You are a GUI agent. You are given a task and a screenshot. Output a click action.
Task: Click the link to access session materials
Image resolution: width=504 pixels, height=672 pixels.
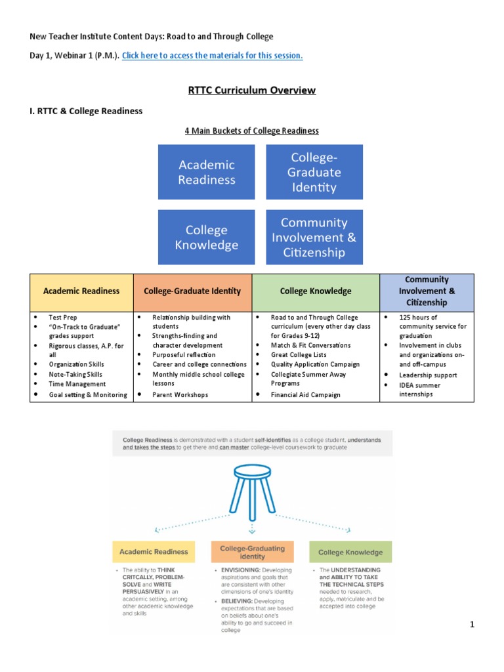[x=212, y=56]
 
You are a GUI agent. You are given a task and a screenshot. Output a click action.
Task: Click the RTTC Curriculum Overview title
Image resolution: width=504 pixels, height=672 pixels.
[x=251, y=90]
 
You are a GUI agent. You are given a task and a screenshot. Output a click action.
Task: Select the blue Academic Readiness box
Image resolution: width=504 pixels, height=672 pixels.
[x=206, y=172]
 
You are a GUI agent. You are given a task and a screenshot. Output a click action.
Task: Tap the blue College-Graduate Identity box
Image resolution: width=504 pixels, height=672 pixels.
[x=314, y=172]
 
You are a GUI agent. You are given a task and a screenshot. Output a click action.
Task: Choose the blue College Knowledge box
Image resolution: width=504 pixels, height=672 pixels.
[x=206, y=237]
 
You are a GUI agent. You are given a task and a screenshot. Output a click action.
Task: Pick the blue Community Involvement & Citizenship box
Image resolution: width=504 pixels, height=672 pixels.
[x=314, y=237]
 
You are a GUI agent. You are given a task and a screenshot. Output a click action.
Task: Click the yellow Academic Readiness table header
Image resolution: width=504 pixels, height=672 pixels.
[x=81, y=291]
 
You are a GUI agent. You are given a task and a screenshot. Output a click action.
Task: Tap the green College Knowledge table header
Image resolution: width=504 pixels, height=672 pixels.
[x=316, y=291]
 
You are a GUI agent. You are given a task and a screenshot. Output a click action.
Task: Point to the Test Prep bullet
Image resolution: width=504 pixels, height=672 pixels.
[x=63, y=318]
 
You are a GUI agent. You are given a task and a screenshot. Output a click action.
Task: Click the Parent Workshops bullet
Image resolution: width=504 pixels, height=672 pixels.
[x=180, y=395]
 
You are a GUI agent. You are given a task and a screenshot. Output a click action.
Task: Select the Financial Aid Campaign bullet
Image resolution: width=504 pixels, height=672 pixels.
[x=305, y=395]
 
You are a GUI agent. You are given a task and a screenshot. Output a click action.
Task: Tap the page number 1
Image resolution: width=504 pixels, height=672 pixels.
[x=471, y=625]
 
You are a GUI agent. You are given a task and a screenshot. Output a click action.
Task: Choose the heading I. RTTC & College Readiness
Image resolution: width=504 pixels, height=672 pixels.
[x=86, y=111]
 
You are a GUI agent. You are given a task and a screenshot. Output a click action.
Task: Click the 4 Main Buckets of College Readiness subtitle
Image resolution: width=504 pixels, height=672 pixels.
[x=251, y=131]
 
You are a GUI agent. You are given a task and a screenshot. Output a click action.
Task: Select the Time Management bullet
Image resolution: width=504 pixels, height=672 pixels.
[x=77, y=384]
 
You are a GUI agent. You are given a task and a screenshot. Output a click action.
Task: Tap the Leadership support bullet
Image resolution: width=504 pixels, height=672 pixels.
[x=428, y=375]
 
